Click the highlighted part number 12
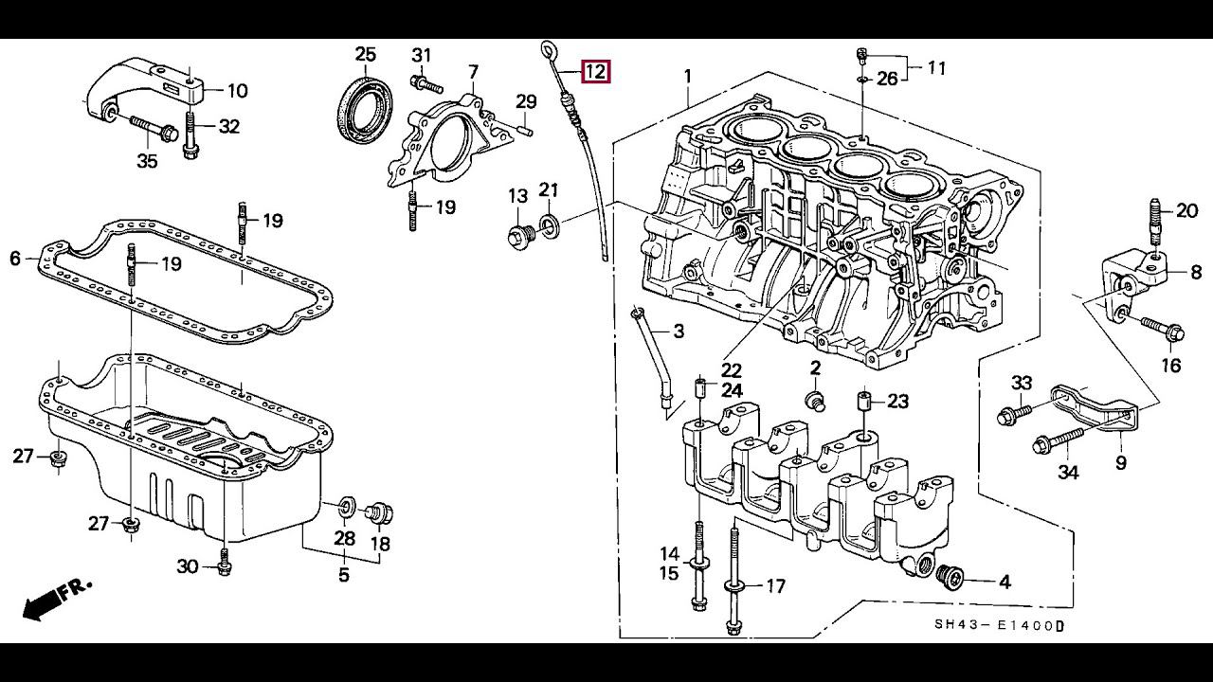point(596,71)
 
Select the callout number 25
point(366,54)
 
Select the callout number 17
point(775,586)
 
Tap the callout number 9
point(1121,462)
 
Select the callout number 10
point(237,91)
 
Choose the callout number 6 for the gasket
point(15,258)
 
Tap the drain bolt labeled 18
point(380,514)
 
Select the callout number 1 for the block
point(688,76)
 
